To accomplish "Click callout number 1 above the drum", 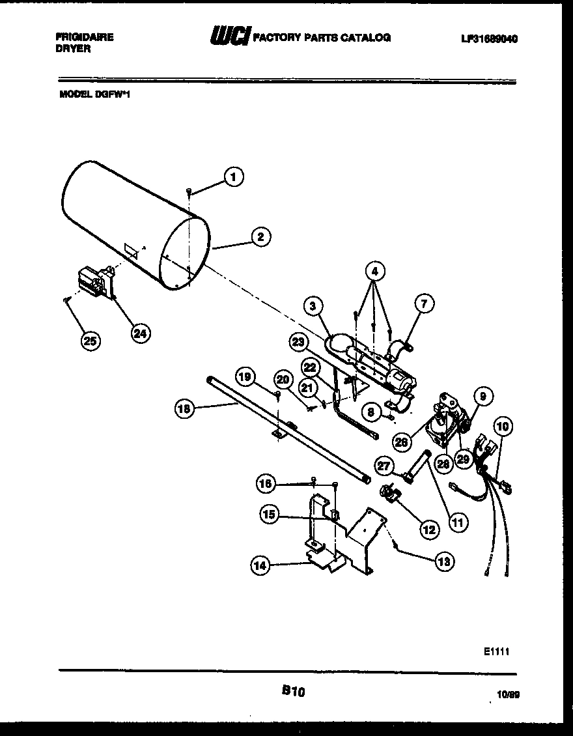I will pos(234,175).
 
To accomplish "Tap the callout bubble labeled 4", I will pos(375,270).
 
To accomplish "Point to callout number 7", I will pos(424,304).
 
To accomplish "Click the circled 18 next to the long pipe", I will pos(185,409).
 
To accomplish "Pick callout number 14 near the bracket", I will pos(260,566).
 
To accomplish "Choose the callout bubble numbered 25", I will pos(91,340).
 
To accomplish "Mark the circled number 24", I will pos(139,333).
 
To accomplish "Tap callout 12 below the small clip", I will pos(428,530).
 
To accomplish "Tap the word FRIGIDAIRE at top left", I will pos(85,37).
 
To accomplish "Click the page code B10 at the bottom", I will pos(294,693).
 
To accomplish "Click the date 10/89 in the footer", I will pos(508,696).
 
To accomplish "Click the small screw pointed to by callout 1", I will pos(189,190).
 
